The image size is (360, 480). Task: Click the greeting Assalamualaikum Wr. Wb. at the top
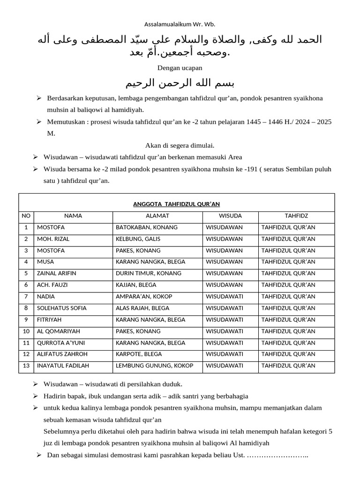[x=180, y=24]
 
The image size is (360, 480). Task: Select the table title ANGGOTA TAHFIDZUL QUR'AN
[x=176, y=204]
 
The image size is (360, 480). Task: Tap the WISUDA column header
[x=231, y=216]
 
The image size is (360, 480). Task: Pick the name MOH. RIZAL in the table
[x=53, y=239]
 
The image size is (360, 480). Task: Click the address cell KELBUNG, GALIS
[x=138, y=239]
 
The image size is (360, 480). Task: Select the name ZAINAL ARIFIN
[x=57, y=273]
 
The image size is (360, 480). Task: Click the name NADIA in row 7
[x=46, y=296]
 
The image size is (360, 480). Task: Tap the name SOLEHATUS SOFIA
[x=62, y=308]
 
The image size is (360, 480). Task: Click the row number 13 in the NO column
[x=26, y=366]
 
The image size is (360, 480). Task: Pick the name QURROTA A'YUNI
[x=60, y=343]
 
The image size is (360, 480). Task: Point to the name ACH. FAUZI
[x=51, y=285]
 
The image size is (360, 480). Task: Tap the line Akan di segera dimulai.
[x=180, y=145]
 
